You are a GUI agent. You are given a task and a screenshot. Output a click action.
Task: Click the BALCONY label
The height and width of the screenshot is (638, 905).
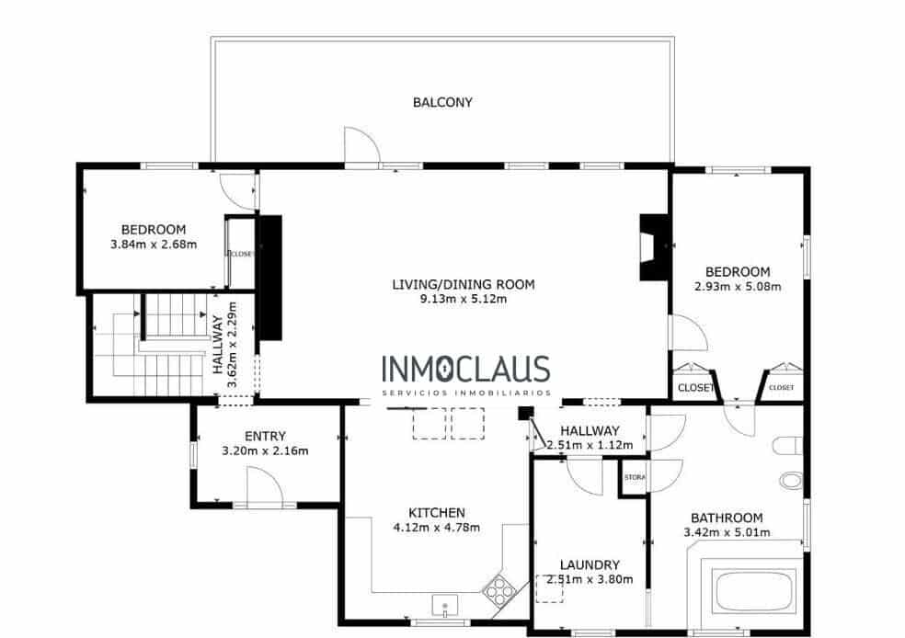tap(442, 102)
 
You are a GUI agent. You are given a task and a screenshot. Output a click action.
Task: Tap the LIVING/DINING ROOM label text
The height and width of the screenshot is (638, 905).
tap(463, 284)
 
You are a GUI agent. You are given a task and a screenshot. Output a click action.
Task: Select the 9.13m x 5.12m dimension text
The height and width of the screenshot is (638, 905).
tap(464, 298)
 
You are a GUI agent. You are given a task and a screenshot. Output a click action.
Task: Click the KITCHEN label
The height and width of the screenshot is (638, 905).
tap(437, 513)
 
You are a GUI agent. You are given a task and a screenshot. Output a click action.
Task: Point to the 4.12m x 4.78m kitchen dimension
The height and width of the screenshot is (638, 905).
tap(437, 528)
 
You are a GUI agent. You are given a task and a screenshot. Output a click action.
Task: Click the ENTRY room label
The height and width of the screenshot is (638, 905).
tap(265, 437)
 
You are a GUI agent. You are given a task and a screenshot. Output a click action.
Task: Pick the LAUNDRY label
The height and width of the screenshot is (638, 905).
tap(590, 565)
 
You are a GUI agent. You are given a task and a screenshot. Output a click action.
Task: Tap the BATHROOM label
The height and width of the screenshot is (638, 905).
tap(727, 518)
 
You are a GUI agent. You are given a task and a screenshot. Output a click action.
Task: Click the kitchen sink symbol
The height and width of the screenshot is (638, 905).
tap(445, 606)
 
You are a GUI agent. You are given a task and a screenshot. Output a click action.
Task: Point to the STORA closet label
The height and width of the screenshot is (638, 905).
tap(635, 478)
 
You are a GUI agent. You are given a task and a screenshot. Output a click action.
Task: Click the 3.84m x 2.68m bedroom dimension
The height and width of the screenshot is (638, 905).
tap(154, 245)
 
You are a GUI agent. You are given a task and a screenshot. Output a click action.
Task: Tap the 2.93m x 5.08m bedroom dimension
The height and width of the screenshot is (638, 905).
tap(738, 286)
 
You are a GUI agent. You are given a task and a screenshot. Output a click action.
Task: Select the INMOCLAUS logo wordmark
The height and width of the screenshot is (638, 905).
tap(465, 370)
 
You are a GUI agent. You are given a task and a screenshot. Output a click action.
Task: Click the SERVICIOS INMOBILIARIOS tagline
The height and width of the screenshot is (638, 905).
tap(465, 393)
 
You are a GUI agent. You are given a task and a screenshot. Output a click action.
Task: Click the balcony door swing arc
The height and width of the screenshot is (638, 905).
tap(360, 145)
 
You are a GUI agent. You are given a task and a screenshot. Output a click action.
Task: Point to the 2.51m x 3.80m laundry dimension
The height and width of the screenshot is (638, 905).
tap(590, 580)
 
